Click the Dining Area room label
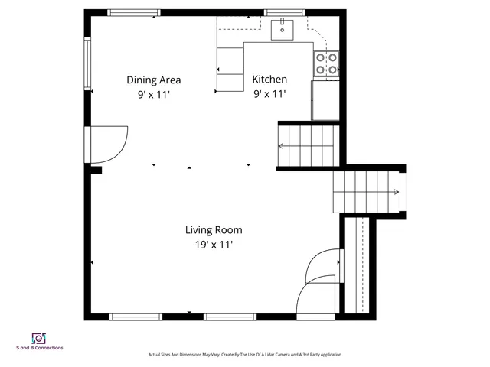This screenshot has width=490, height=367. click(x=153, y=80)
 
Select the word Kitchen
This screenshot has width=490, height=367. click(x=269, y=80)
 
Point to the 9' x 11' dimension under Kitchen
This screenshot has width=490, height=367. click(x=269, y=95)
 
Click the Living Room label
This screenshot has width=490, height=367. click(x=214, y=229)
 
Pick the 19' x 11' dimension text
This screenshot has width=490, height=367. click(x=214, y=245)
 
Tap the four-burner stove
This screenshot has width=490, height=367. click(x=326, y=63)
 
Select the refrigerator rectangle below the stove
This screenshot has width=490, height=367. click(x=325, y=99)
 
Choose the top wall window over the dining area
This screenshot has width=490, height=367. click(x=134, y=12)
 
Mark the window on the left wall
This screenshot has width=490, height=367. click(x=88, y=64)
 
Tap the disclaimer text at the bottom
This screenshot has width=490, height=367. click(x=244, y=355)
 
